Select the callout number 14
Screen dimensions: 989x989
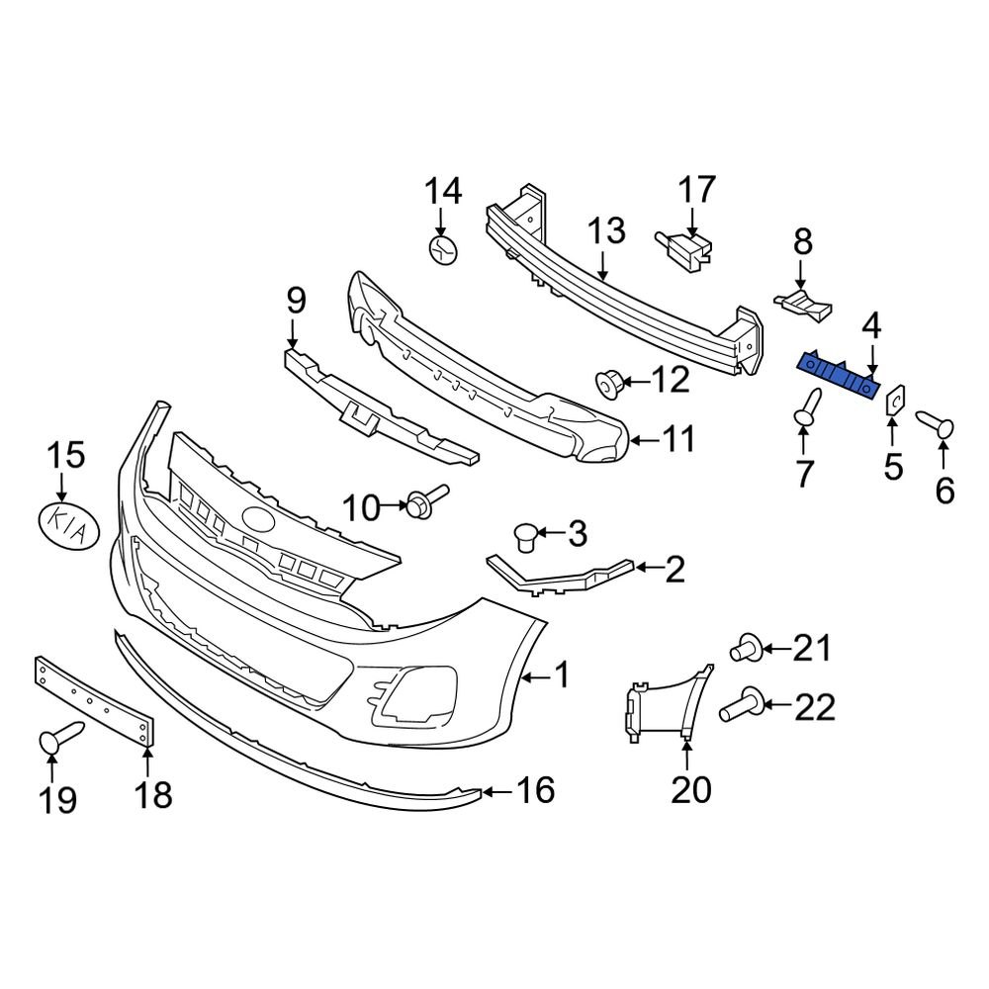444,190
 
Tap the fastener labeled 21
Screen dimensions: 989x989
746,650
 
